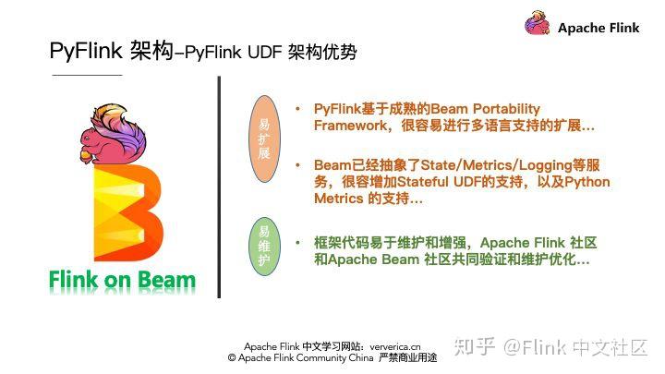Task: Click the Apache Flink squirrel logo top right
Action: pyautogui.click(x=538, y=25)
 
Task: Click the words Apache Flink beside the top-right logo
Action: pyautogui.click(x=598, y=28)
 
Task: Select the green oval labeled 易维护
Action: pyautogui.click(x=263, y=246)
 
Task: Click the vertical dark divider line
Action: pyautogui.click(x=219, y=185)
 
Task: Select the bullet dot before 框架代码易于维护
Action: pyautogui.click(x=297, y=243)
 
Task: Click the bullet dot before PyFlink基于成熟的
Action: pyautogui.click(x=297, y=109)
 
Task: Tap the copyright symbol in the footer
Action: pyautogui.click(x=232, y=356)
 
